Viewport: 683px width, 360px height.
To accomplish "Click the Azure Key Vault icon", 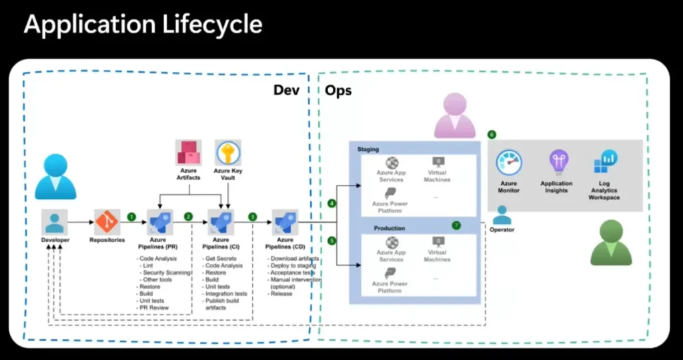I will tap(228, 153).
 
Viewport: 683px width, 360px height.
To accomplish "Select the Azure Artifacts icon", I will tap(189, 153).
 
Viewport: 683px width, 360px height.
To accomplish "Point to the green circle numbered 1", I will tap(132, 217).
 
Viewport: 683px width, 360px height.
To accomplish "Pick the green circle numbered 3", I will tap(252, 217).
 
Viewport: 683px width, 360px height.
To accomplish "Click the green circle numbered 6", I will tap(492, 135).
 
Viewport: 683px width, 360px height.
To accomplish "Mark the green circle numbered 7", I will tap(456, 225).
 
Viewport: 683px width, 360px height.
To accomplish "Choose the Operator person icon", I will tap(502, 215).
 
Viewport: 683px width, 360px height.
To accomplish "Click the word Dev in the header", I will tap(286, 91).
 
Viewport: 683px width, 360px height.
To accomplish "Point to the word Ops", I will tap(338, 91).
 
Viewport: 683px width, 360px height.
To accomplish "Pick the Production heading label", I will tap(390, 228).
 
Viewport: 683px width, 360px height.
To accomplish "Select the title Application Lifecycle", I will tap(143, 25).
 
